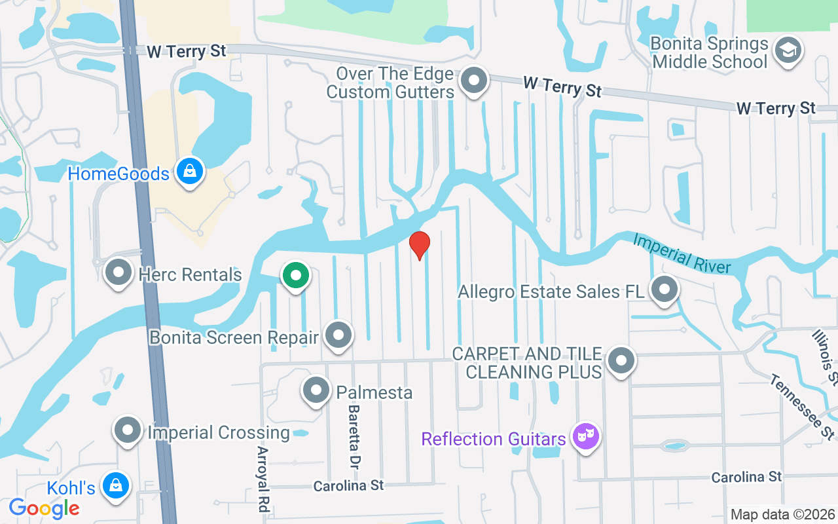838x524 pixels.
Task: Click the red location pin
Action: pyautogui.click(x=419, y=245)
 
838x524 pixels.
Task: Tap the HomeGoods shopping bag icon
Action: pyautogui.click(x=189, y=172)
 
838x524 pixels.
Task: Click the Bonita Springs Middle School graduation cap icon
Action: pyautogui.click(x=788, y=50)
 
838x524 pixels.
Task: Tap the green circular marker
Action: pyautogui.click(x=296, y=275)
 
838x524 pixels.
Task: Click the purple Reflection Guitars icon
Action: pyautogui.click(x=585, y=436)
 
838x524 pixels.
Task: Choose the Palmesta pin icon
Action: pyautogui.click(x=316, y=390)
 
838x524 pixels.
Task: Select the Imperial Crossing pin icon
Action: pyautogui.click(x=128, y=431)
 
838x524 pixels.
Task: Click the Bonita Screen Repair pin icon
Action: pyautogui.click(x=338, y=335)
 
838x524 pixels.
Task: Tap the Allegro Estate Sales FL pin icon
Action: pyautogui.click(x=665, y=289)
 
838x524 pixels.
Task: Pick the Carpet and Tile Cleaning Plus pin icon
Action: pyautogui.click(x=621, y=360)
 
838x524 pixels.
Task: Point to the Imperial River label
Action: pyautogui.click(x=681, y=253)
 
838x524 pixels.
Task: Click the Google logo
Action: pyautogui.click(x=44, y=508)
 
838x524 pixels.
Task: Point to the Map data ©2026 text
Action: pyautogui.click(x=782, y=515)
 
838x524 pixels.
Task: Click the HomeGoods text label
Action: pyautogui.click(x=118, y=174)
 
